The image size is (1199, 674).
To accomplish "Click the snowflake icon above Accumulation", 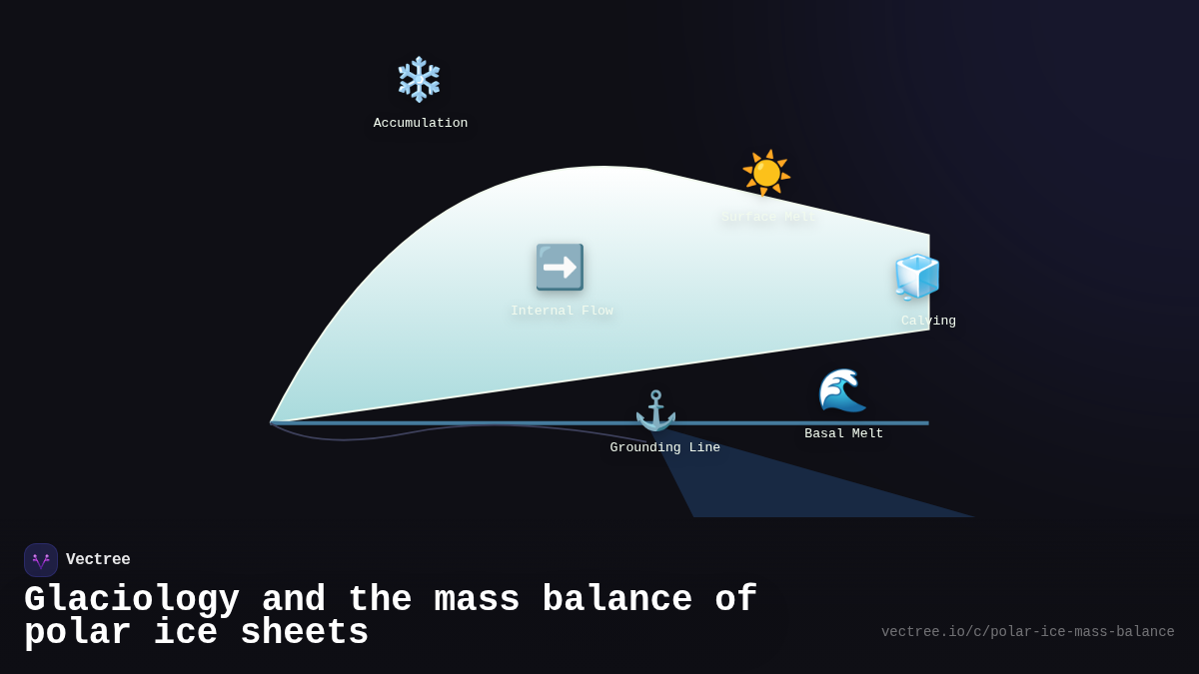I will coord(419,79).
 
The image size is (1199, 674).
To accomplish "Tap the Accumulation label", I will coord(421,124).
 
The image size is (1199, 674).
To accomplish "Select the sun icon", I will coord(766,173).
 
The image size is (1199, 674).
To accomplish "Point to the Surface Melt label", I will coord(769,218).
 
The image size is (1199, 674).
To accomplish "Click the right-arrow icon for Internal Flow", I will coord(560,268).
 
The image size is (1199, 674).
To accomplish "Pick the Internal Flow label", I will coord(562,312).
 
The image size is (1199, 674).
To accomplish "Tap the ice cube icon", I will coord(917,277).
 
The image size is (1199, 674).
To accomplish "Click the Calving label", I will coord(928,322).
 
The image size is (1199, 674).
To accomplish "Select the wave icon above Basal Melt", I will coord(842,389).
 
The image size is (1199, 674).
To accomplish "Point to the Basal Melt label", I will coord(844,434).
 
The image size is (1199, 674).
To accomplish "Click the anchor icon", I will coord(655,410).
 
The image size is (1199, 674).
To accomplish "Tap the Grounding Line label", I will coord(664,448).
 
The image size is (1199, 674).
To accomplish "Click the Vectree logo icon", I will coord(41,560).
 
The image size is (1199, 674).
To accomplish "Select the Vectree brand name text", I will coord(98,560).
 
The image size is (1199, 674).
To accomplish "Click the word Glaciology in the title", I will coord(132,600).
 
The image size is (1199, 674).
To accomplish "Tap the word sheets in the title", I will coord(305,633).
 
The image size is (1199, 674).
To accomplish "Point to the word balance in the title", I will coord(616,600).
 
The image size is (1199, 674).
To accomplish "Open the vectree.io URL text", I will coord(1027,632).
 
